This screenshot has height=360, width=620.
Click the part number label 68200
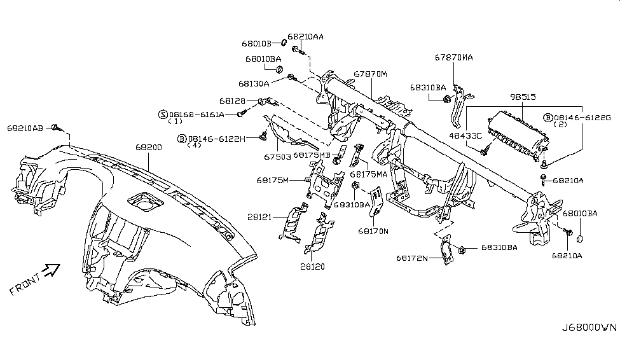pyautogui.click(x=149, y=147)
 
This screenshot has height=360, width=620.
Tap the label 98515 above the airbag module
pyautogui.click(x=523, y=97)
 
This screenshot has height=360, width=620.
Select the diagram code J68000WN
pyautogui.click(x=589, y=328)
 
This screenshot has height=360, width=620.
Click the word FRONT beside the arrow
pyautogui.click(x=25, y=284)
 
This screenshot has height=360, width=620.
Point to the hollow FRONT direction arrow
pyautogui.click(x=52, y=270)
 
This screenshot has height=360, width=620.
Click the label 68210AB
pyautogui.click(x=25, y=128)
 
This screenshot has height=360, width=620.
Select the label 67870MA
pyautogui.click(x=453, y=57)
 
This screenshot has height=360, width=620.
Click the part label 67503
pyautogui.click(x=277, y=157)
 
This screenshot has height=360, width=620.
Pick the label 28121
pyautogui.click(x=259, y=217)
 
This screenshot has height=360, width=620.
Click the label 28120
pyautogui.click(x=312, y=267)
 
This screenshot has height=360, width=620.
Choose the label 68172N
pyautogui.click(x=412, y=258)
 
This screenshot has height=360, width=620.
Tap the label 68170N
pyautogui.click(x=373, y=231)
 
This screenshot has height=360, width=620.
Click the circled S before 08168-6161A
pyautogui.click(x=163, y=114)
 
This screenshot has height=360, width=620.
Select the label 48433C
pyautogui.click(x=465, y=135)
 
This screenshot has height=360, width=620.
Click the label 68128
pyautogui.click(x=233, y=101)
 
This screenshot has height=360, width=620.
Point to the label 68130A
pyautogui.click(x=254, y=83)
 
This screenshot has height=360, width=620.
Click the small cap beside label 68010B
pyautogui.click(x=284, y=43)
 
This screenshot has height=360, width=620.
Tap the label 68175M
pyautogui.click(x=272, y=181)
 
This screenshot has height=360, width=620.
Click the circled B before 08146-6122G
pyautogui.click(x=548, y=118)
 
